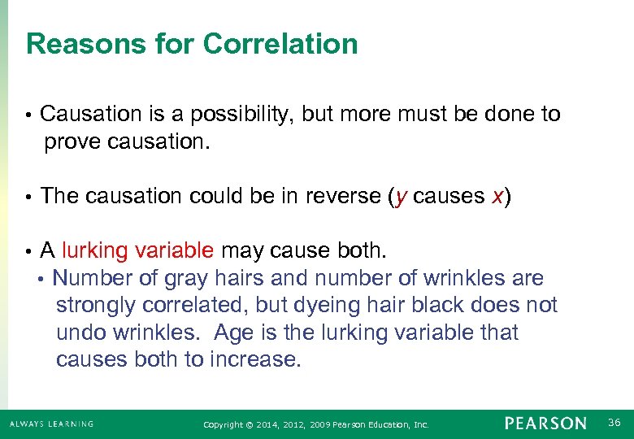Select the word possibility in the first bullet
[x=235, y=115]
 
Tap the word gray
[x=186, y=279]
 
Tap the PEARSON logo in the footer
[x=545, y=424]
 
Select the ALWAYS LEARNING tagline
[x=51, y=424]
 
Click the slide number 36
[x=614, y=422]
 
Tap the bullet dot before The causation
[x=28, y=197]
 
